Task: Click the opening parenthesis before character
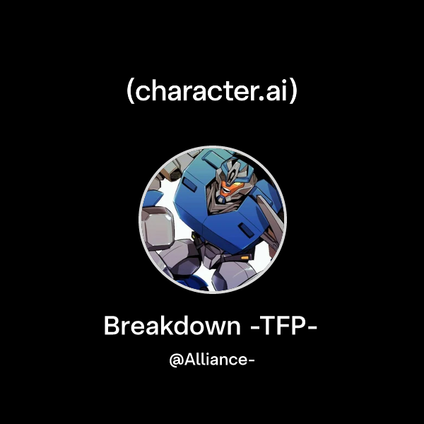(130, 93)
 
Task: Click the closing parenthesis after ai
(293, 93)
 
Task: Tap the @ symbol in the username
(177, 360)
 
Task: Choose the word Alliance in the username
(213, 360)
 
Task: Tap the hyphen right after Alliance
(250, 361)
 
